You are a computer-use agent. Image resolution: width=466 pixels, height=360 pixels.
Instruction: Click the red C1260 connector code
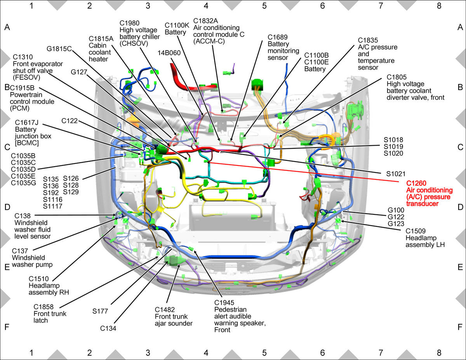click(416, 183)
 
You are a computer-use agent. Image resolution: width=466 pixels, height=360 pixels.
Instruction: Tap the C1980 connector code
click(130, 23)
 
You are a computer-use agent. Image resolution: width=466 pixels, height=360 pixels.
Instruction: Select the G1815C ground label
click(59, 49)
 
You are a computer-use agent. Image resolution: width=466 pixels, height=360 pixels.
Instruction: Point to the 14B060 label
click(169, 53)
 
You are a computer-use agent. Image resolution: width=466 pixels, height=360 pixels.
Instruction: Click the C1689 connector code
click(278, 37)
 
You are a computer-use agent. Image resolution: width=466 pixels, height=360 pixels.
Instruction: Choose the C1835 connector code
click(368, 40)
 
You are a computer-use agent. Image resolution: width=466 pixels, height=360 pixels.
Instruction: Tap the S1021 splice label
click(396, 174)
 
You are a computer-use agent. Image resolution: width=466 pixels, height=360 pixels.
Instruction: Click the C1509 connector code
click(416, 231)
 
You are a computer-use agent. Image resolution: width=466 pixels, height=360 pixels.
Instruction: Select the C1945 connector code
click(224, 303)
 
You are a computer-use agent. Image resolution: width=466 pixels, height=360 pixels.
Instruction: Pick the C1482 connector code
click(165, 310)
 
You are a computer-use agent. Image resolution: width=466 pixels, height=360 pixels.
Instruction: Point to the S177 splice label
click(100, 311)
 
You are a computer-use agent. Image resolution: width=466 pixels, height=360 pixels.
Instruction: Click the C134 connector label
click(108, 328)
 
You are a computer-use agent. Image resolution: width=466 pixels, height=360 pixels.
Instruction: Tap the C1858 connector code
click(43, 307)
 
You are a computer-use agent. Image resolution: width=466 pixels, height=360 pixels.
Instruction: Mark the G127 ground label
click(79, 72)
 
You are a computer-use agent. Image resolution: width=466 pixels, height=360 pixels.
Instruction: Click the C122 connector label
click(70, 121)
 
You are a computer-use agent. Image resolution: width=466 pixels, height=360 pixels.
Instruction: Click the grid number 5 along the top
click(264, 6)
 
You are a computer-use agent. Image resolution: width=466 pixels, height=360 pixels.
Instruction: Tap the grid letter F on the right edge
click(460, 327)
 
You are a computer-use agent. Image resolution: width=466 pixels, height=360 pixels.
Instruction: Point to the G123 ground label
click(396, 224)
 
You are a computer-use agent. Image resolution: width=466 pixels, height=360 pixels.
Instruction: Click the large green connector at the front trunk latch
click(175, 260)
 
